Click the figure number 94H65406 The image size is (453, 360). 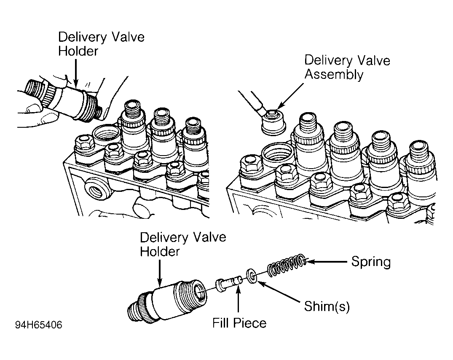tap(38, 325)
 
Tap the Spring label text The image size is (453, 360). tap(371, 262)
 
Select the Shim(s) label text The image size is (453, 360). tap(327, 306)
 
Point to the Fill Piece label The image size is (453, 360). tap(239, 323)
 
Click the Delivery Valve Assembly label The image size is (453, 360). tap(347, 67)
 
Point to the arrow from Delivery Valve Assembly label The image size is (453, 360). tap(292, 97)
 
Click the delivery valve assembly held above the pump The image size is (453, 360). tap(273, 123)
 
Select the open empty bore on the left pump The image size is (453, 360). tap(107, 135)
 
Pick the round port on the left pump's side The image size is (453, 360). tap(97, 190)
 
